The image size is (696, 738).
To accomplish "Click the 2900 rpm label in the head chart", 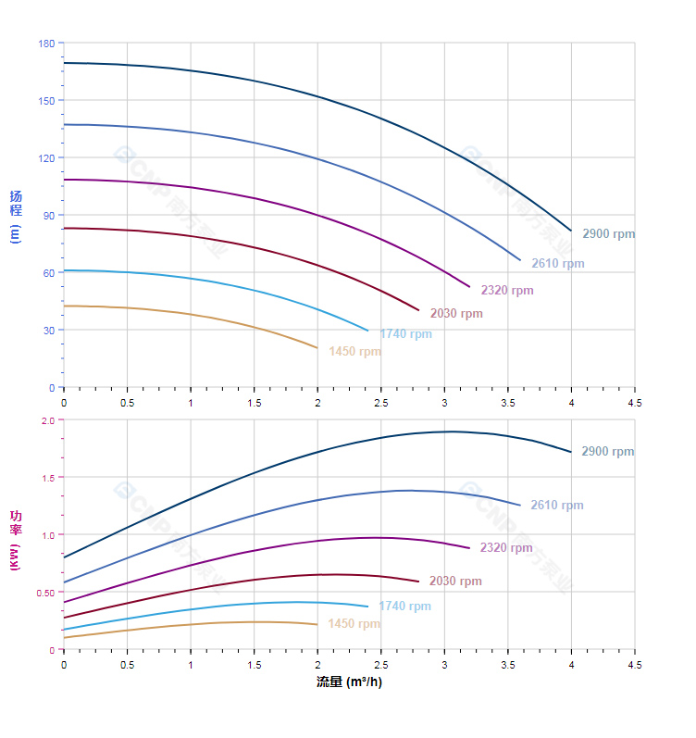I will pos(608,234).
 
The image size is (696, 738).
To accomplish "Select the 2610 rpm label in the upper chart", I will pos(557,264).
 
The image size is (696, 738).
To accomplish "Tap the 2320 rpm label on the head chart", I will pos(506,291).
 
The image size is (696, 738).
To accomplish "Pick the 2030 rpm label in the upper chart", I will pos(455,314).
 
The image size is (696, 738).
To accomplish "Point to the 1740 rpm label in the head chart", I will pos(405,334).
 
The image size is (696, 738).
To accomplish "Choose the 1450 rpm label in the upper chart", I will pos(354,352).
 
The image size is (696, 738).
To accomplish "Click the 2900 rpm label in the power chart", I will pos(607,452).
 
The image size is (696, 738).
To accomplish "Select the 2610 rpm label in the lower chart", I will pos(556,506).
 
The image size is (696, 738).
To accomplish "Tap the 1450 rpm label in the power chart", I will pos(354,624).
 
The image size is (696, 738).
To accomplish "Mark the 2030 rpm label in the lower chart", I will pos(455,582).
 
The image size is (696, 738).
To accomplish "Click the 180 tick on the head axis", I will pos(46,44).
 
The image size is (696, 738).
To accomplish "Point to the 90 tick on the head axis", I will pos(48,215).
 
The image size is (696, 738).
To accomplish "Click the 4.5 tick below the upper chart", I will pos(635,403).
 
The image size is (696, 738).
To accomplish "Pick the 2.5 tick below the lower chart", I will pos(380,665).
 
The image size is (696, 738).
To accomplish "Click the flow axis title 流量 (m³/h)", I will pos(349,682).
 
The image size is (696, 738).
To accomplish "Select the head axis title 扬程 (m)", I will pos(15,216).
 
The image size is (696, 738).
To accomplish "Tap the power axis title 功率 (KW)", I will pos(15,540).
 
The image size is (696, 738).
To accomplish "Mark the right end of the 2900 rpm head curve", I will pos(571,231).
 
